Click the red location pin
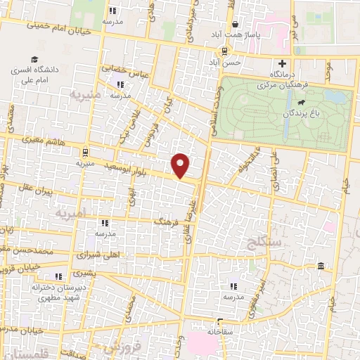pyautogui.click(x=181, y=165)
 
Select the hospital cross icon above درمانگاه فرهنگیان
pyautogui.click(x=282, y=63)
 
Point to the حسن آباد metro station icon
pyautogui.click(x=224, y=51)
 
